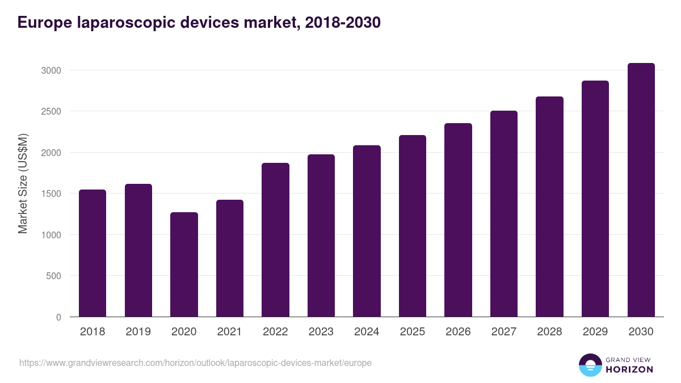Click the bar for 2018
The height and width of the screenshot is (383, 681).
click(93, 253)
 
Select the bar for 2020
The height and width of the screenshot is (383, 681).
click(184, 264)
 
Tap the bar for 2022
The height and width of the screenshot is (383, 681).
click(275, 239)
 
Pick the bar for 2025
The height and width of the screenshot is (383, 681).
click(413, 226)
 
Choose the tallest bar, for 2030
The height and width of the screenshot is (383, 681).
click(641, 190)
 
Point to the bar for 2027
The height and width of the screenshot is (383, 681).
click(504, 213)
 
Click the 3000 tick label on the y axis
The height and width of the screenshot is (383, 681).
click(51, 70)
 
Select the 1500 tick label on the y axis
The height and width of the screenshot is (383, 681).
click(51, 193)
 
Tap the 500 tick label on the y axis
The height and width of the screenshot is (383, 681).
click(53, 276)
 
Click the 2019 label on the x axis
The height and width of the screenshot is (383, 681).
click(138, 332)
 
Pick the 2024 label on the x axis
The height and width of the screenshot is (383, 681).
click(367, 332)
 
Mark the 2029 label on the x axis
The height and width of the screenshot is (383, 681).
click(595, 332)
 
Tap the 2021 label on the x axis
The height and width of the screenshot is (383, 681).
click(229, 332)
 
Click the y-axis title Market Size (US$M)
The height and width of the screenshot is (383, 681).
click(23, 183)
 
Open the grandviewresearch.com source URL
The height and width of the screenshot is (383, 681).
click(195, 363)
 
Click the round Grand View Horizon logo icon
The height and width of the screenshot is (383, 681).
click(590, 365)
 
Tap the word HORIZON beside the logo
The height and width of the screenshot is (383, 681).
click(629, 369)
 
